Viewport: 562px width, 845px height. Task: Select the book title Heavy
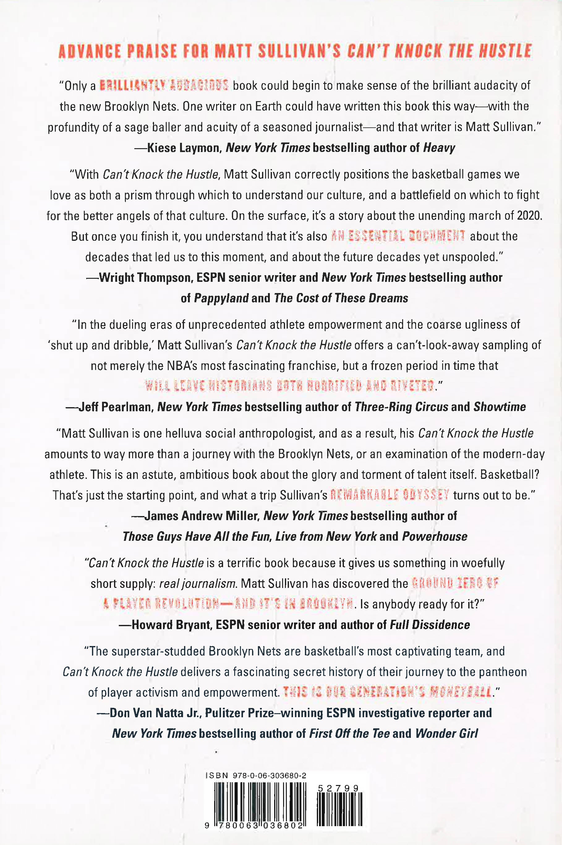click(x=439, y=148)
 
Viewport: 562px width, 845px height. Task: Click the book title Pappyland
click(x=221, y=298)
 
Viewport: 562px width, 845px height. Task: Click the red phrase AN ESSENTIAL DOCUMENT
click(x=398, y=236)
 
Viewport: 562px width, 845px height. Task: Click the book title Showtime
click(x=500, y=407)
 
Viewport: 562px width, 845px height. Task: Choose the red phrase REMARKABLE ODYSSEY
click(x=390, y=495)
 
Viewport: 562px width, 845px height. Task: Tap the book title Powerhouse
click(x=435, y=537)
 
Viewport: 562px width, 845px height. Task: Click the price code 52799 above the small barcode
click(x=338, y=788)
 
